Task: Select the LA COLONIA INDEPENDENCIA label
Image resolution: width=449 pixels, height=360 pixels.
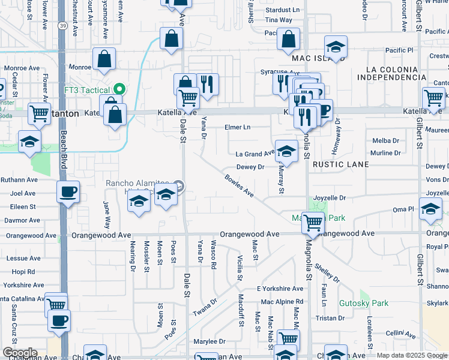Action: point(387,77)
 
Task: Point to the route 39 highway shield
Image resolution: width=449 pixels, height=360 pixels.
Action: point(63,26)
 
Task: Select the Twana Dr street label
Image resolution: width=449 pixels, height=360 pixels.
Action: point(204,308)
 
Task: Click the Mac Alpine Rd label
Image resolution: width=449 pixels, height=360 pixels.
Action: point(282,301)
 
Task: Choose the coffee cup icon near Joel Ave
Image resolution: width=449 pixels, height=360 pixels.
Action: point(67,192)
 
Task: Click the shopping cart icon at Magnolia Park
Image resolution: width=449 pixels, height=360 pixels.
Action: point(313,223)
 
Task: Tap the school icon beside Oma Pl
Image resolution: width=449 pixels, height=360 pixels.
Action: point(430,209)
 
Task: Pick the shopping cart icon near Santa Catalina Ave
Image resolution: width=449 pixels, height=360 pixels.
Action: point(56,304)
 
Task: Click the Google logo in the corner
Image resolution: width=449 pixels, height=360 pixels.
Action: point(20,353)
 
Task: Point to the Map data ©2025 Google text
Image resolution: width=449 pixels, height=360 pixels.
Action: point(412,355)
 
